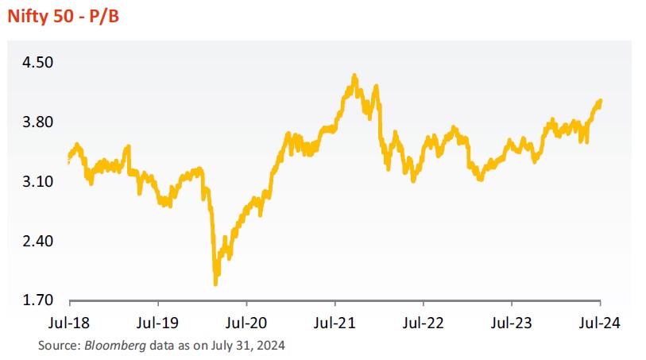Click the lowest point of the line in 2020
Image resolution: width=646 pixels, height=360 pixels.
coord(215,283)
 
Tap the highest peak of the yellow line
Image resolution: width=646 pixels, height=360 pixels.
coord(354,76)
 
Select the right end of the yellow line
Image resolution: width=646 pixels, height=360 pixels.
coord(601,101)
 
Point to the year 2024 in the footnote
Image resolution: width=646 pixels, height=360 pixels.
coord(271,346)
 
